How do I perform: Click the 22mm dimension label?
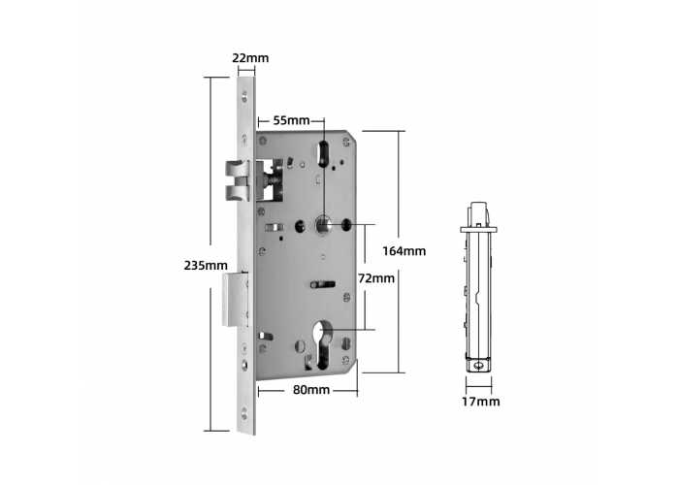[250, 58]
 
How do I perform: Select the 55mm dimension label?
[291, 120]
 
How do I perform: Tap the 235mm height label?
[206, 265]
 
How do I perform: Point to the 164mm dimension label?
[404, 251]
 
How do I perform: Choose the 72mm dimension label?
[376, 278]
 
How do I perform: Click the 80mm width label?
[311, 390]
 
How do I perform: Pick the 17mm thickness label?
[480, 402]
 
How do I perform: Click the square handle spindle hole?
[323, 225]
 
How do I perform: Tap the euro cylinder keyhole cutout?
[323, 345]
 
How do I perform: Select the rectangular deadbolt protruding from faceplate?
[235, 300]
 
